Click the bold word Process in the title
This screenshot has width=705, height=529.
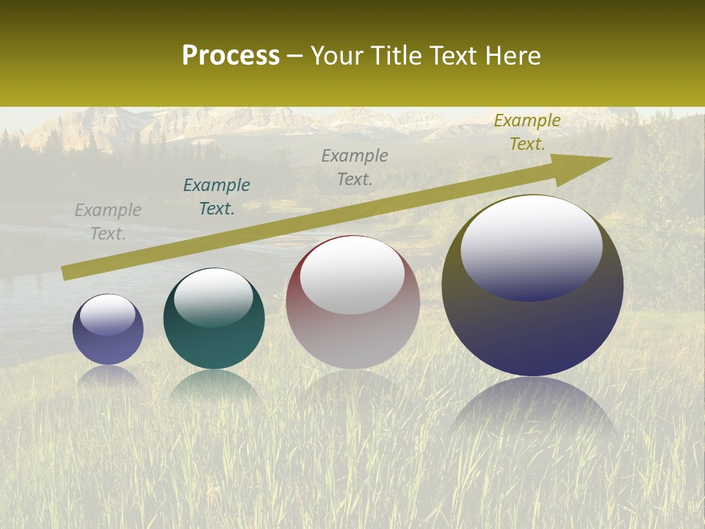[231, 56]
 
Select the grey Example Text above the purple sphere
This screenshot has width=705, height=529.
[108, 222]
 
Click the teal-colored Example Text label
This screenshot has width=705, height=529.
[217, 197]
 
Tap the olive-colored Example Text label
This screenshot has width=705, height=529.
[527, 132]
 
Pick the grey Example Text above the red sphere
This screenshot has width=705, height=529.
[355, 167]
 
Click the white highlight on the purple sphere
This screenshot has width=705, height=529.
[108, 314]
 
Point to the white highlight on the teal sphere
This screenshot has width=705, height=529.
[214, 297]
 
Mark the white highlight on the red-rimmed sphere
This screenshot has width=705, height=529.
[352, 276]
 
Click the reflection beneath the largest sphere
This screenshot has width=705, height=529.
[532, 411]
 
